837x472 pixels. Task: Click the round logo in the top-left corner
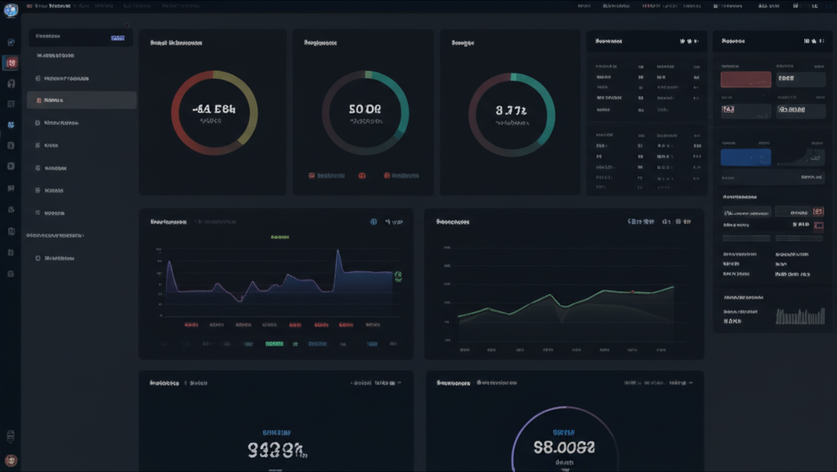point(11,10)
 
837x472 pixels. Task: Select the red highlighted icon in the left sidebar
point(11,63)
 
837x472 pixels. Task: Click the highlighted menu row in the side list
point(81,100)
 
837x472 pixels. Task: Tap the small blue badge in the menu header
point(117,38)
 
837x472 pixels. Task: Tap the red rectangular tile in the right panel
point(745,79)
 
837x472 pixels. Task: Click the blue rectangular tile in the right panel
point(745,157)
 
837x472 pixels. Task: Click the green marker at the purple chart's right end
point(398,277)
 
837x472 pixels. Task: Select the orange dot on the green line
point(632,292)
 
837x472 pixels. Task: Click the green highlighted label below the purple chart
point(275,345)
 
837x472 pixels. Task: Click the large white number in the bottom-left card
point(276,448)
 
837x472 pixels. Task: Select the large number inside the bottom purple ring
point(564,447)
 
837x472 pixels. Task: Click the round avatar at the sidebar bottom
point(11,461)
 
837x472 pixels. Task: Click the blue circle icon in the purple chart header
point(374,221)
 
